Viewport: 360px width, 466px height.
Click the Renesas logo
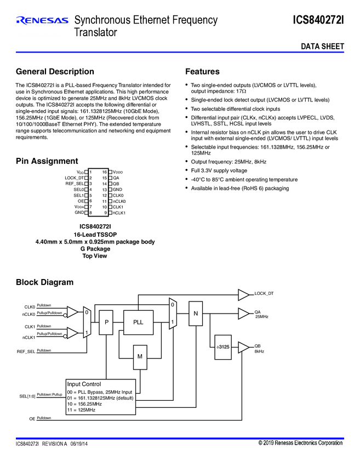coord(42,21)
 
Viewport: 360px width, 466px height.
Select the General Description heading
coord(55,72)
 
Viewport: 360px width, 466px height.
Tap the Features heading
coord(202,72)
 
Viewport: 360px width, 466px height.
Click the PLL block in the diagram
coord(138,322)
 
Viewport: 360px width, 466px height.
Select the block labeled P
coord(107,322)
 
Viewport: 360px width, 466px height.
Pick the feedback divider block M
coord(140,356)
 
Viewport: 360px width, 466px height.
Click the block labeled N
coord(195,314)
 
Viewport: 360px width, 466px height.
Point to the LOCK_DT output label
coord(264,294)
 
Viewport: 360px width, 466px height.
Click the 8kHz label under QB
coord(259,351)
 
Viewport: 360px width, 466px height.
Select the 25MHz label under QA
coord(261,317)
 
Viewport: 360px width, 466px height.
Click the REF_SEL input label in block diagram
coord(25,351)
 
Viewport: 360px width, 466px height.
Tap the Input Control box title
coord(84,384)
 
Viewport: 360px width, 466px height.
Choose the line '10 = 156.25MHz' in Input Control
coord(84,404)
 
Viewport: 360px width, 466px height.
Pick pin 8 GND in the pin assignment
coord(80,212)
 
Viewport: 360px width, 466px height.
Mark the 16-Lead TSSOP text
coord(95,234)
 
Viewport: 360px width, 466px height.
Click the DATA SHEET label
coord(322,47)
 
